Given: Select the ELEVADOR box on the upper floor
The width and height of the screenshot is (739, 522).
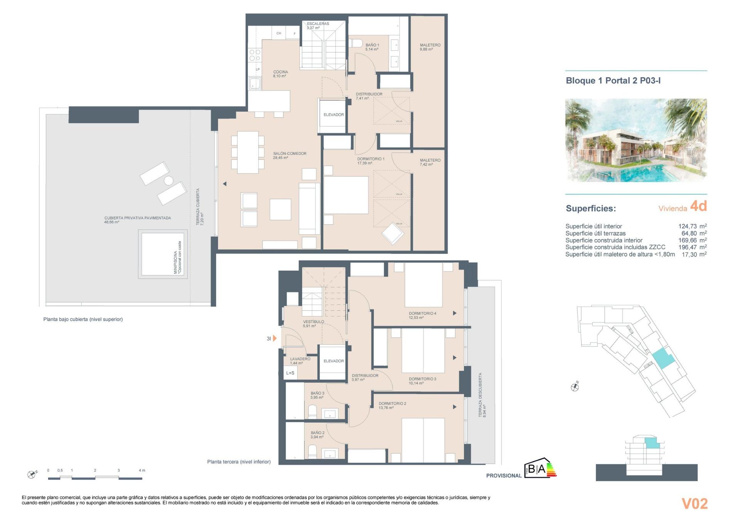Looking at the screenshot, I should point(333,115).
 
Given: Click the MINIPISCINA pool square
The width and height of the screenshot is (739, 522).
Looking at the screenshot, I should point(162,254).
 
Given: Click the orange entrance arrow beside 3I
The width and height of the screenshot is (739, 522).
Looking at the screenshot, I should point(275,339).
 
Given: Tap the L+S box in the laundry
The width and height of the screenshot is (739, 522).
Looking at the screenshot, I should point(290,373).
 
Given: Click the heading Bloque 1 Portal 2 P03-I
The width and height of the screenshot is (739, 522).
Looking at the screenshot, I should point(613,81).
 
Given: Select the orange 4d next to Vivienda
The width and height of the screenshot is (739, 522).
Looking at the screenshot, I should point(698,206).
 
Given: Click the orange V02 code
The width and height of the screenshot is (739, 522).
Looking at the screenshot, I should point(694,504).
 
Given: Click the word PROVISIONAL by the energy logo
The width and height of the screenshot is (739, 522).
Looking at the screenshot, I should point(503,476).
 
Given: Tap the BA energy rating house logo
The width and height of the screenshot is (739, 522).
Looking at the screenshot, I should point(540,468).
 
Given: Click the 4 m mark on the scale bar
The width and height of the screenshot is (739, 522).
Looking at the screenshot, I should point(142,470).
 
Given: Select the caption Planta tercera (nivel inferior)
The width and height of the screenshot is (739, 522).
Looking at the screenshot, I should point(239,462).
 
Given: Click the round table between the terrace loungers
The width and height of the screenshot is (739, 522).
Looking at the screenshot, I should point(169,180).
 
